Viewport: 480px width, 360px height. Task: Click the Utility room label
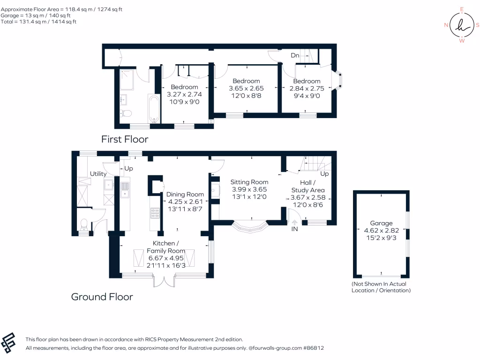pyautogui.click(x=98, y=173)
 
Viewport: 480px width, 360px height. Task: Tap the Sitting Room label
pyautogui.click(x=249, y=182)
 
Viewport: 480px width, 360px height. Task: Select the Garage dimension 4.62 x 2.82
pyautogui.click(x=381, y=231)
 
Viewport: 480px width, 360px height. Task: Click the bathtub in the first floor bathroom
pyautogui.click(x=154, y=109)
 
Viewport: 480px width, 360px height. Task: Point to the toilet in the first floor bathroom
pyautogui.click(x=125, y=113)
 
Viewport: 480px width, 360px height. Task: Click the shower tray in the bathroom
pyautogui.click(x=127, y=80)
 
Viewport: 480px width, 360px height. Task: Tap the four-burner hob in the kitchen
pyautogui.click(x=155, y=213)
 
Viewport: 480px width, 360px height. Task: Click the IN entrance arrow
pyautogui.click(x=294, y=223)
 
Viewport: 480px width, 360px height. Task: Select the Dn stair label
pyautogui.click(x=295, y=55)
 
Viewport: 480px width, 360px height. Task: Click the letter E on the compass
pyautogui.click(x=462, y=9)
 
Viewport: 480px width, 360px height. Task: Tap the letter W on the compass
pyautogui.click(x=462, y=41)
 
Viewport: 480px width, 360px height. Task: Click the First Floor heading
pyautogui.click(x=125, y=139)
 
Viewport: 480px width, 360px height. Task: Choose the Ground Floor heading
pyautogui.click(x=102, y=297)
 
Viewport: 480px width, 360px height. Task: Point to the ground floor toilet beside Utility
pyautogui.click(x=83, y=225)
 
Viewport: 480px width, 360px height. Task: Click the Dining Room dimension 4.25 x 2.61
pyautogui.click(x=185, y=202)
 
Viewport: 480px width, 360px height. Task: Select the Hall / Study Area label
pyautogui.click(x=307, y=186)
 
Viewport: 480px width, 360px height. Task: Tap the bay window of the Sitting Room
pyautogui.click(x=250, y=227)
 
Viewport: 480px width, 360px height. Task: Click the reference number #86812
pyautogui.click(x=314, y=348)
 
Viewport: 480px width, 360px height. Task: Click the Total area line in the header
pyautogui.click(x=38, y=22)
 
